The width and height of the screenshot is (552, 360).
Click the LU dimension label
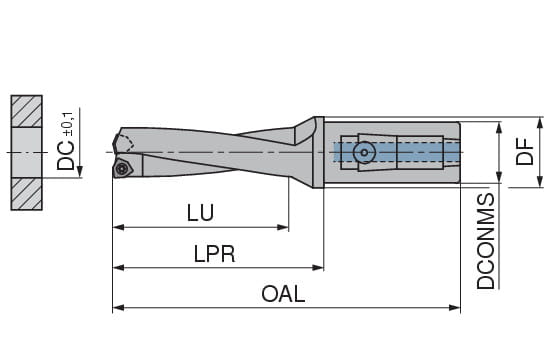click(x=200, y=213)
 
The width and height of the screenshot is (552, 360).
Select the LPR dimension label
click(x=214, y=254)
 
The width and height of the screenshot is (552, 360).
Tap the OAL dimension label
click(x=283, y=294)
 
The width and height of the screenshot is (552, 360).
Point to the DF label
click(x=525, y=152)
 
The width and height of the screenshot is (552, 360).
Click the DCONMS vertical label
click(x=486, y=241)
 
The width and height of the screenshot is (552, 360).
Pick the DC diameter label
click(x=66, y=156)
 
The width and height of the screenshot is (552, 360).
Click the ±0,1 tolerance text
click(x=68, y=124)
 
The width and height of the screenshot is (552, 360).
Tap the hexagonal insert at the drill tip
click(x=122, y=168)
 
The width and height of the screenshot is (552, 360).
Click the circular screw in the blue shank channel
click(x=364, y=153)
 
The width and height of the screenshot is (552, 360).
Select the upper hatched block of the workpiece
click(x=27, y=111)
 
